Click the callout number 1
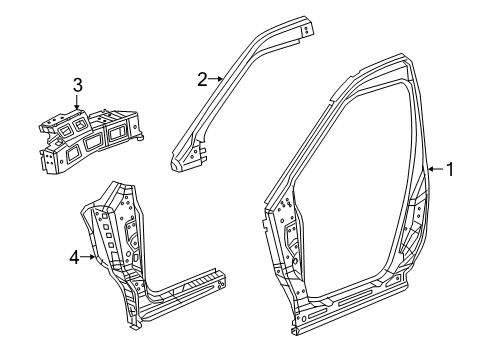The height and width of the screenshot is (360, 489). point(450,170)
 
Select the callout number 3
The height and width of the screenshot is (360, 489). point(77,85)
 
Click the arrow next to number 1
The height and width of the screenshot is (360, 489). point(434,170)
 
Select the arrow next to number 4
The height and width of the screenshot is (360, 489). point(90,256)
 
